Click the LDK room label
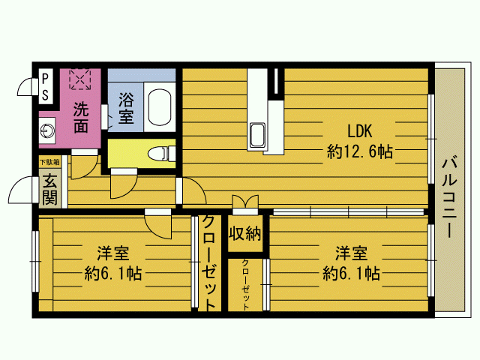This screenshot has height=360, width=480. coord(360,131)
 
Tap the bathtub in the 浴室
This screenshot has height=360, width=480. coord(160,106)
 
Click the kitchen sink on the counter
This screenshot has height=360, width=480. coord(257,135)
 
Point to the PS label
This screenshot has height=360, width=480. coord(45,87)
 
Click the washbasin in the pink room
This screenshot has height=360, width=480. coord(47,130)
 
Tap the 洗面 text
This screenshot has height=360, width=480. coord(81,118)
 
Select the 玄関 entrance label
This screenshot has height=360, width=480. coord(49,189)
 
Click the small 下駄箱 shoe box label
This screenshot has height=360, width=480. coord(49,162)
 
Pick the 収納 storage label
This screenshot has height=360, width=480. coord(245,234)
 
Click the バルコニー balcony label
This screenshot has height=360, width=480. coord(449,196)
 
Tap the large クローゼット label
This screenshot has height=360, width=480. coord(210,262)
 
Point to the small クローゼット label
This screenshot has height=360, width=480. coord(245,285)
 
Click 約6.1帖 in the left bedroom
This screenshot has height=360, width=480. coord(113,274)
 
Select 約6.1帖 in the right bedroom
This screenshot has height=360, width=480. coord(351,273)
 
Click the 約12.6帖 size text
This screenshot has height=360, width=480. coord(360,151)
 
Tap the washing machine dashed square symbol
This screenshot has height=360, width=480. coord(80,79)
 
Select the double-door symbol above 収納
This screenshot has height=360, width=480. coord(245,202)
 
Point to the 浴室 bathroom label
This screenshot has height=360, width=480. coord(126,108)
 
